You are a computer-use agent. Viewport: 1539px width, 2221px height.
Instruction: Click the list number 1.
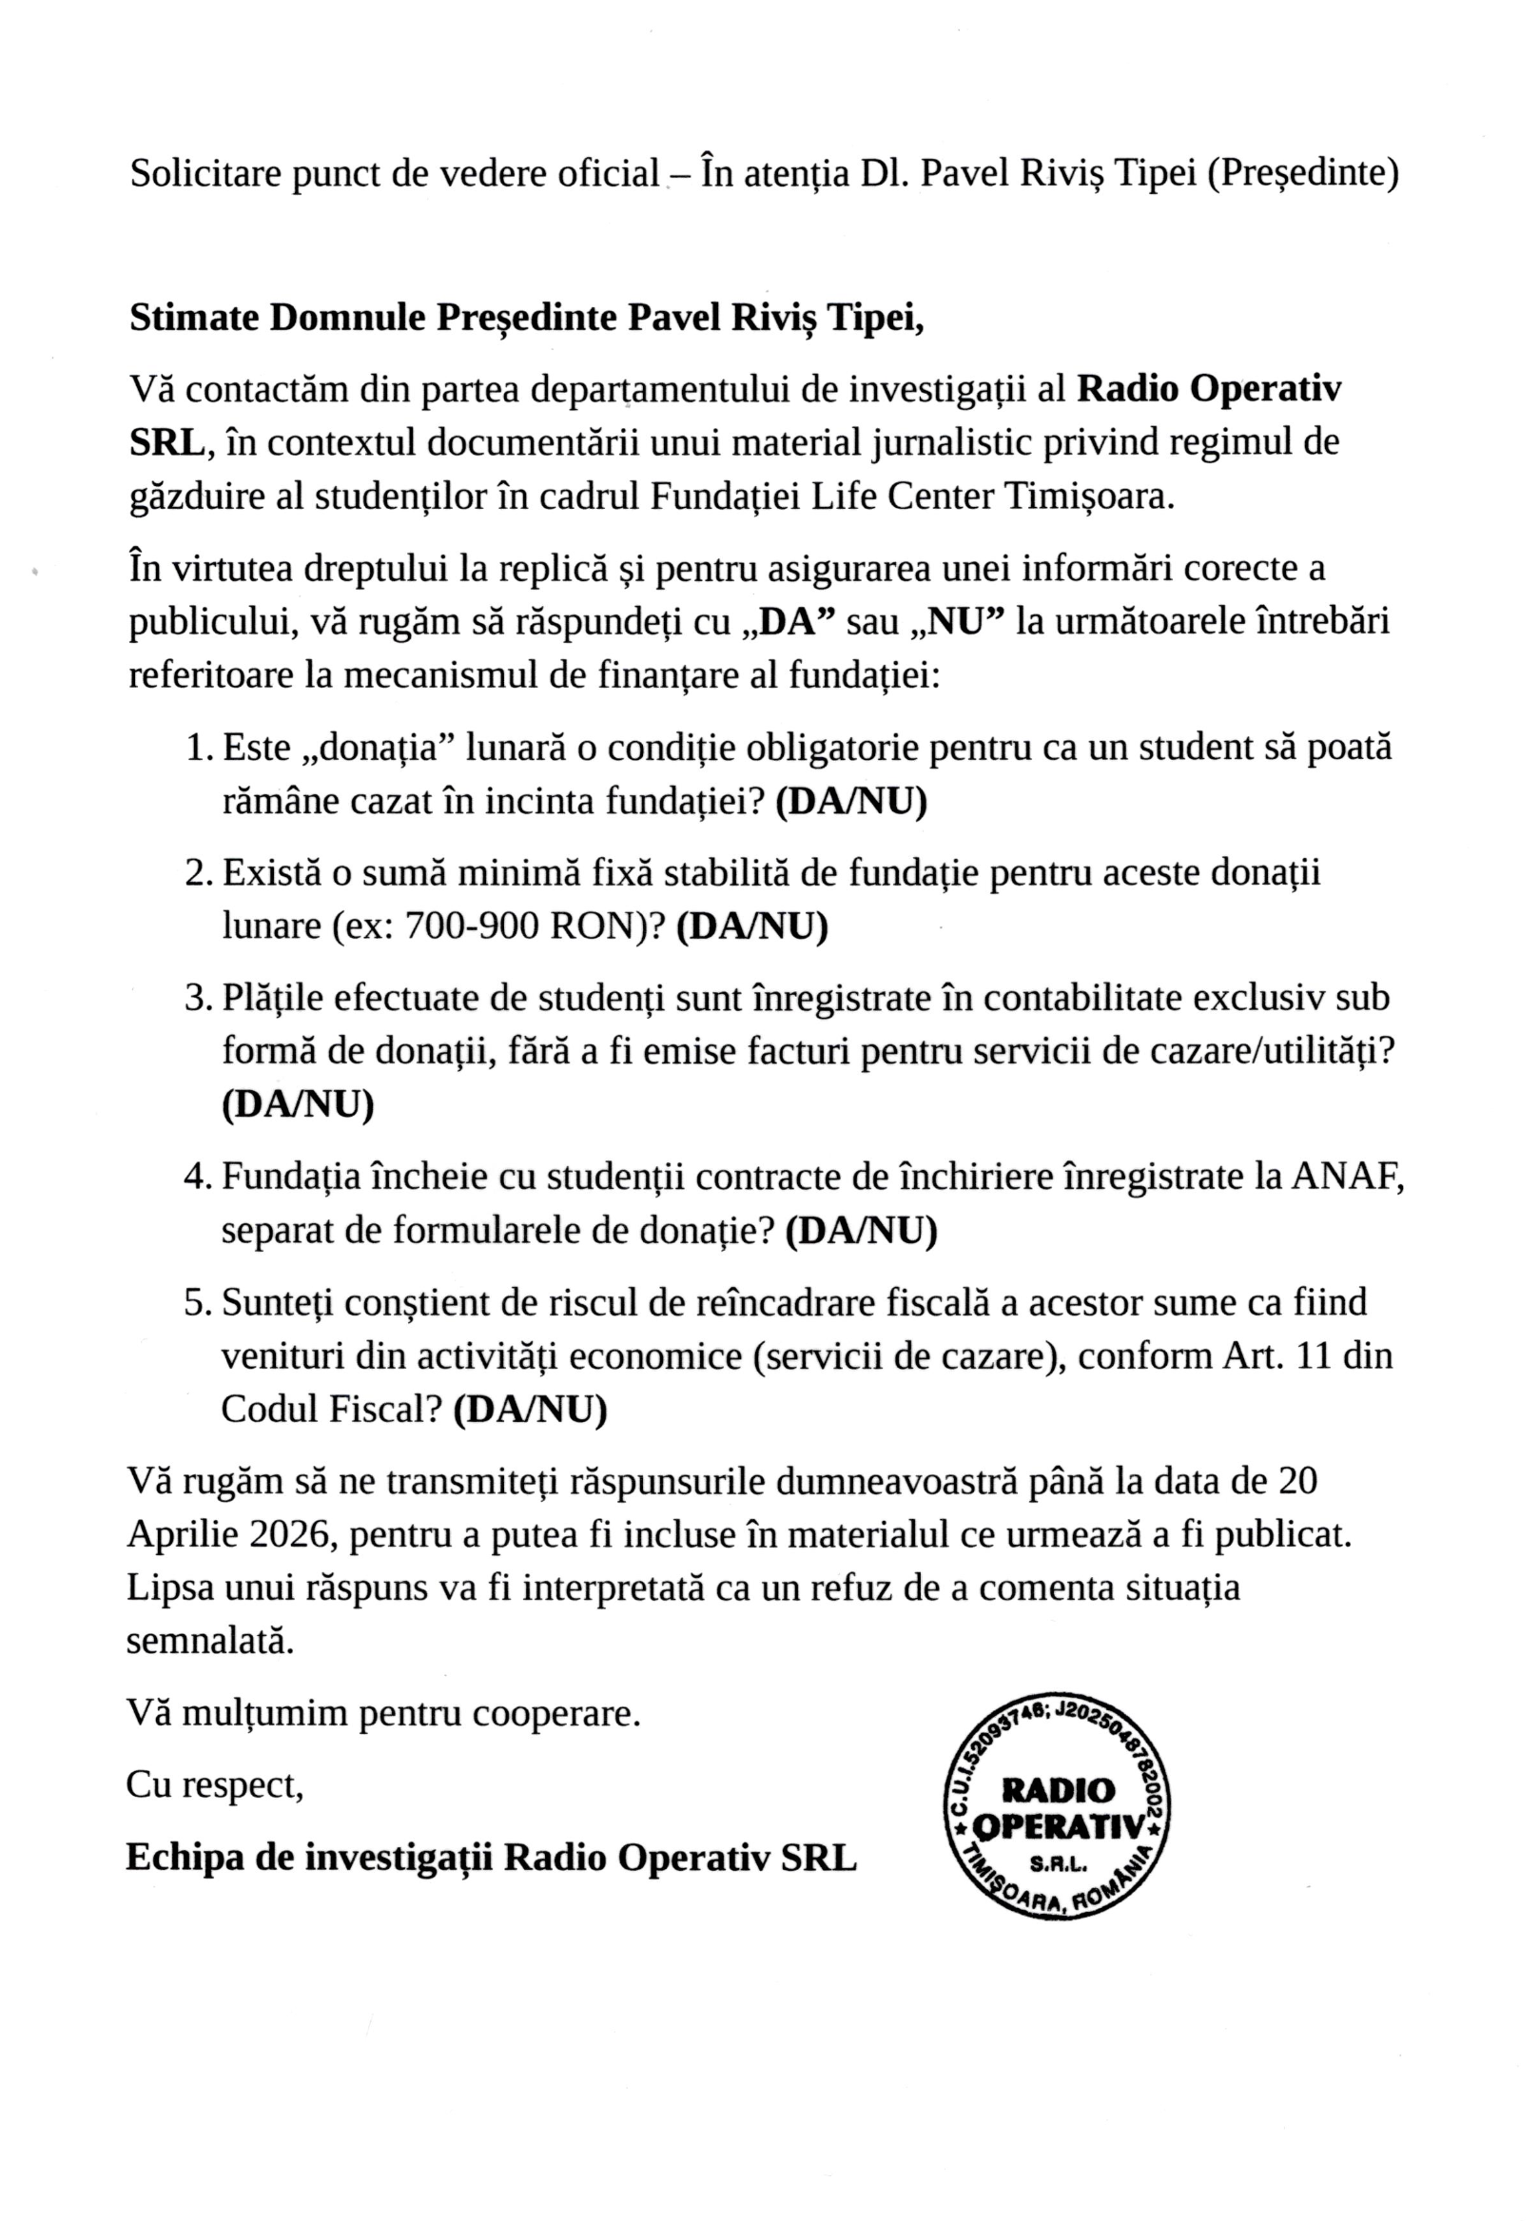198,748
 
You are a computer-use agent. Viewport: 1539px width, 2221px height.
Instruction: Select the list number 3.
198,997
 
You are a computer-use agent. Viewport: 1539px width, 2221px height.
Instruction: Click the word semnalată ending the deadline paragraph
209,1642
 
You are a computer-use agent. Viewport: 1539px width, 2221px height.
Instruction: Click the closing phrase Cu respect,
214,1785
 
